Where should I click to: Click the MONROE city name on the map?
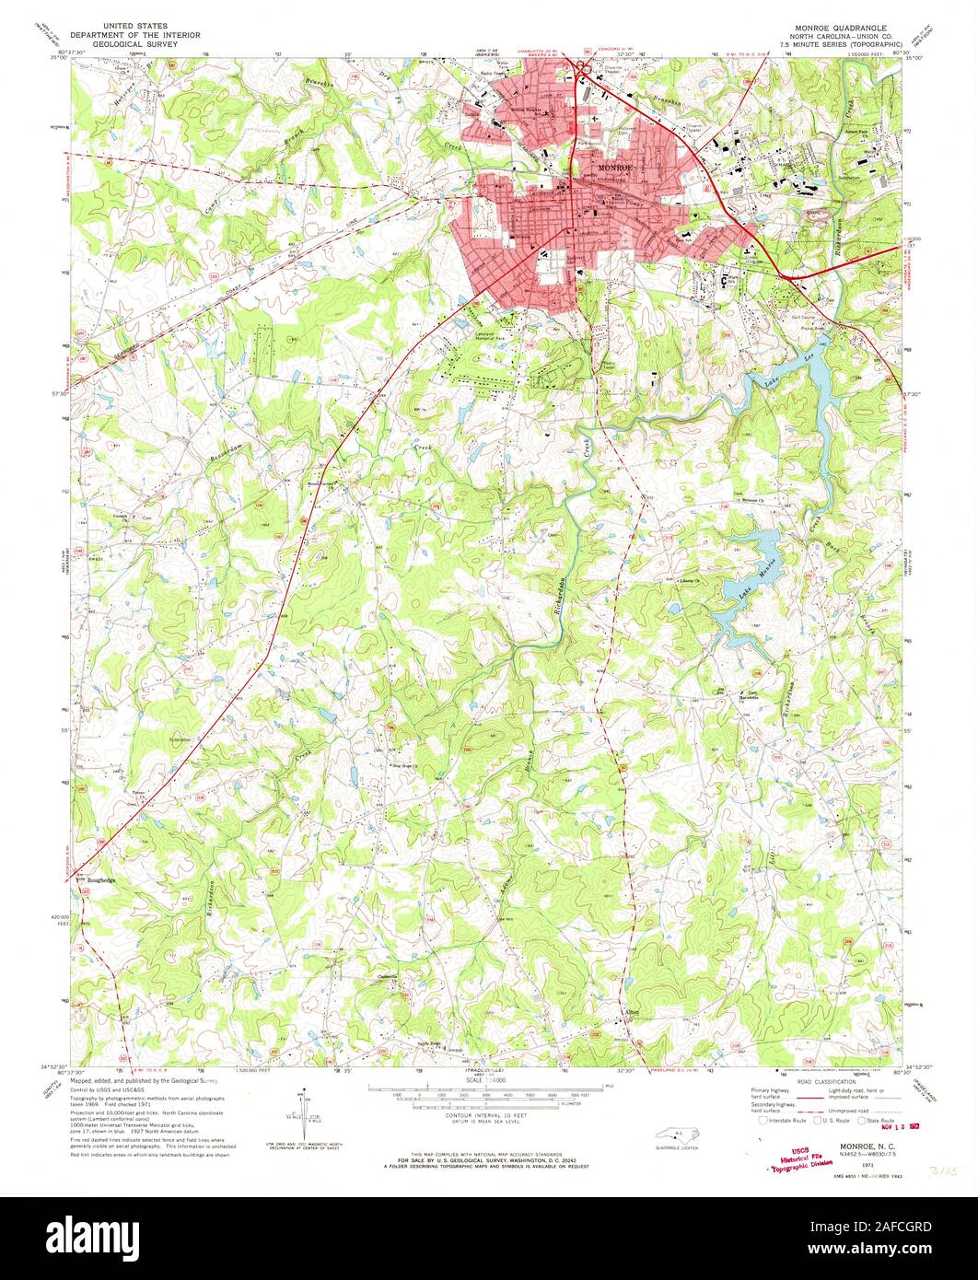pos(612,169)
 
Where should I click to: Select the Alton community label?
pos(630,1013)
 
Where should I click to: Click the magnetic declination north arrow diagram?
pos(303,1112)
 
